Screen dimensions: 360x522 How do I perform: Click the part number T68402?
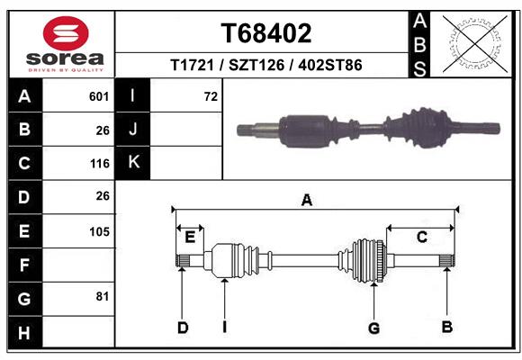click(x=265, y=33)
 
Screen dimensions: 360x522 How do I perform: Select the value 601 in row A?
click(x=99, y=96)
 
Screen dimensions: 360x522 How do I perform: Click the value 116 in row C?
click(x=99, y=164)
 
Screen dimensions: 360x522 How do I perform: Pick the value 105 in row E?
click(x=99, y=231)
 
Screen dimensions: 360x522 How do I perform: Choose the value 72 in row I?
click(x=211, y=96)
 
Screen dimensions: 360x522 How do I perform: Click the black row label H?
click(x=24, y=334)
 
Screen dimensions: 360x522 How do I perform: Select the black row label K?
click(x=134, y=163)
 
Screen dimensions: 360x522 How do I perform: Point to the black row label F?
click(x=24, y=266)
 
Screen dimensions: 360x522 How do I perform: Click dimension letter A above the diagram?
click(x=307, y=201)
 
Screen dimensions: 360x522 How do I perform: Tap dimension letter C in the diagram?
click(x=420, y=237)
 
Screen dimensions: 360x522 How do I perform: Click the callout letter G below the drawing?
click(x=373, y=328)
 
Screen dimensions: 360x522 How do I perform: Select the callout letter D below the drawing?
click(x=183, y=328)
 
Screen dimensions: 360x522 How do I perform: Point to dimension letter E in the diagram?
click(x=190, y=238)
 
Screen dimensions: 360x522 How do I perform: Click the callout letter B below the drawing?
click(x=446, y=328)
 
